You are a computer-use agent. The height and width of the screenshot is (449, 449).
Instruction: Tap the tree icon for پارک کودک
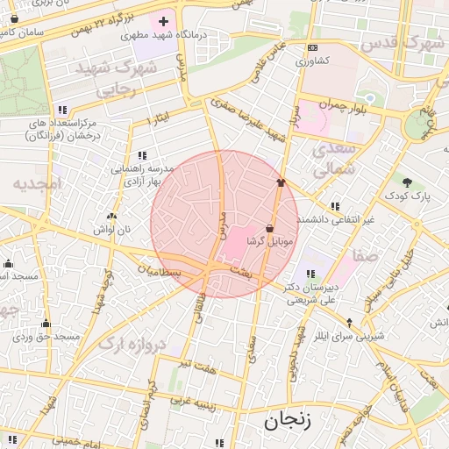[408, 182]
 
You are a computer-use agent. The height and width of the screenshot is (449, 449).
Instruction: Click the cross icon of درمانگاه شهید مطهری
[162, 20]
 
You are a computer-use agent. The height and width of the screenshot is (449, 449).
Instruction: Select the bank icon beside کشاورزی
[312, 47]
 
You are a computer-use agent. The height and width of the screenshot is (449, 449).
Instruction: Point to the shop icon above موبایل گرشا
[267, 227]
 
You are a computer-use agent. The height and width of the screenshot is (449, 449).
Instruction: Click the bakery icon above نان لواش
[110, 216]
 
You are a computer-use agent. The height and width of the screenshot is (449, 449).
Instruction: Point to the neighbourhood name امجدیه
[37, 185]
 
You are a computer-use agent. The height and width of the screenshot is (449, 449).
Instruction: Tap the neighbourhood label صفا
[365, 255]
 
